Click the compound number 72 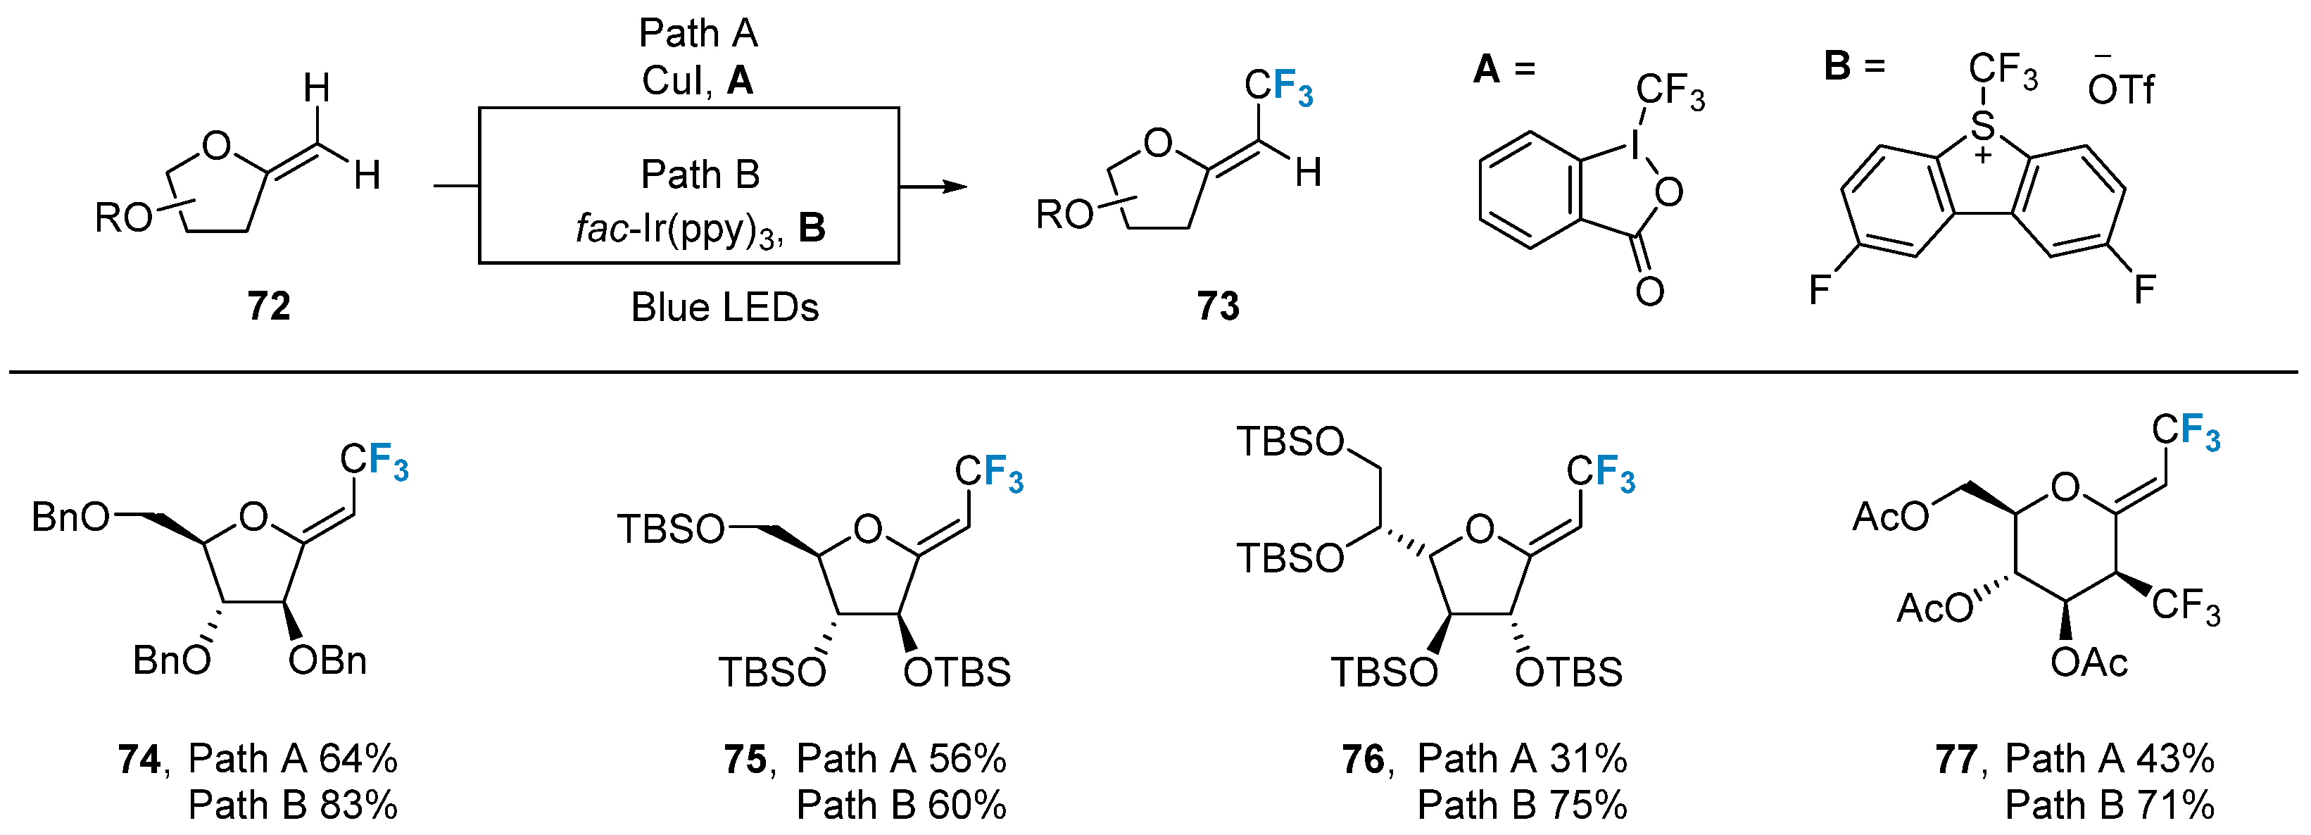point(268,307)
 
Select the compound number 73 point(1217,307)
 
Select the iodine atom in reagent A point(1634,144)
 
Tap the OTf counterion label point(2120,89)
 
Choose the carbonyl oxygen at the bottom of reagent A point(1649,291)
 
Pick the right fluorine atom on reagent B point(2144,289)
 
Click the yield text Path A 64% point(292,760)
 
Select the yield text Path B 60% point(901,805)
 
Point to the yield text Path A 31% point(1521,760)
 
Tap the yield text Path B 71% point(2110,805)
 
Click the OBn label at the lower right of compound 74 point(327,661)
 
